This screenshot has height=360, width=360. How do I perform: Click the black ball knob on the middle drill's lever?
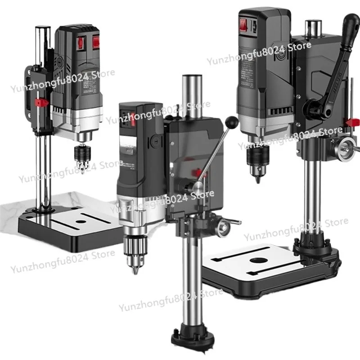[x=233, y=121]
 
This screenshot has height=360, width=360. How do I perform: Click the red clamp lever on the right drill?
[x=352, y=121]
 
